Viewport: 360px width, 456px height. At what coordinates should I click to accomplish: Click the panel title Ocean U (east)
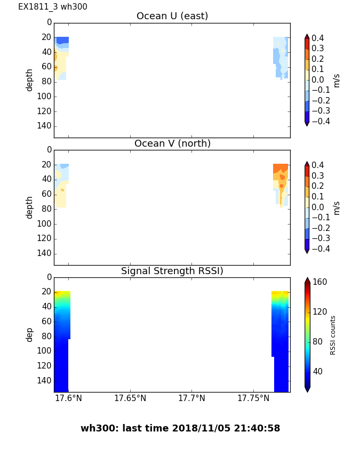coord(172,16)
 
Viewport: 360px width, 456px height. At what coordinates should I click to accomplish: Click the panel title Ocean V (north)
coord(172,143)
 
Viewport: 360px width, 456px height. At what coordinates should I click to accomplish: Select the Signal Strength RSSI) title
coord(172,271)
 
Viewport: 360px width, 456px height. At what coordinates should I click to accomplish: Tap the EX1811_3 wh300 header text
coord(53,7)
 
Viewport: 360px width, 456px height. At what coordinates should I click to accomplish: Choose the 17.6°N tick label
coord(68,398)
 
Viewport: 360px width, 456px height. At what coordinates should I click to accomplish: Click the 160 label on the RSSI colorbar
coord(319,282)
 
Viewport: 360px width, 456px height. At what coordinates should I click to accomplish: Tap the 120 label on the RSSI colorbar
coord(319,312)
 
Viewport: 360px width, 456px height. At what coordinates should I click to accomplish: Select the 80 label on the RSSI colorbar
coord(317,342)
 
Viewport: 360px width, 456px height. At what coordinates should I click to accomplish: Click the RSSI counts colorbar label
coord(333,335)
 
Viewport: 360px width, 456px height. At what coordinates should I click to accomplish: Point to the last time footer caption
coord(180,428)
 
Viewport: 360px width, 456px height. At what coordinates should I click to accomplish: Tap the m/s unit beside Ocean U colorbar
coord(337,80)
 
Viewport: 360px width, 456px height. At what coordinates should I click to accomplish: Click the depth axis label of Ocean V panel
coord(30,207)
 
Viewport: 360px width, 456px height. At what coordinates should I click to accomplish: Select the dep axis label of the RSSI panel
coord(30,334)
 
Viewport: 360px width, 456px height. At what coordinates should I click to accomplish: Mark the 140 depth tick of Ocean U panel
coord(45,126)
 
